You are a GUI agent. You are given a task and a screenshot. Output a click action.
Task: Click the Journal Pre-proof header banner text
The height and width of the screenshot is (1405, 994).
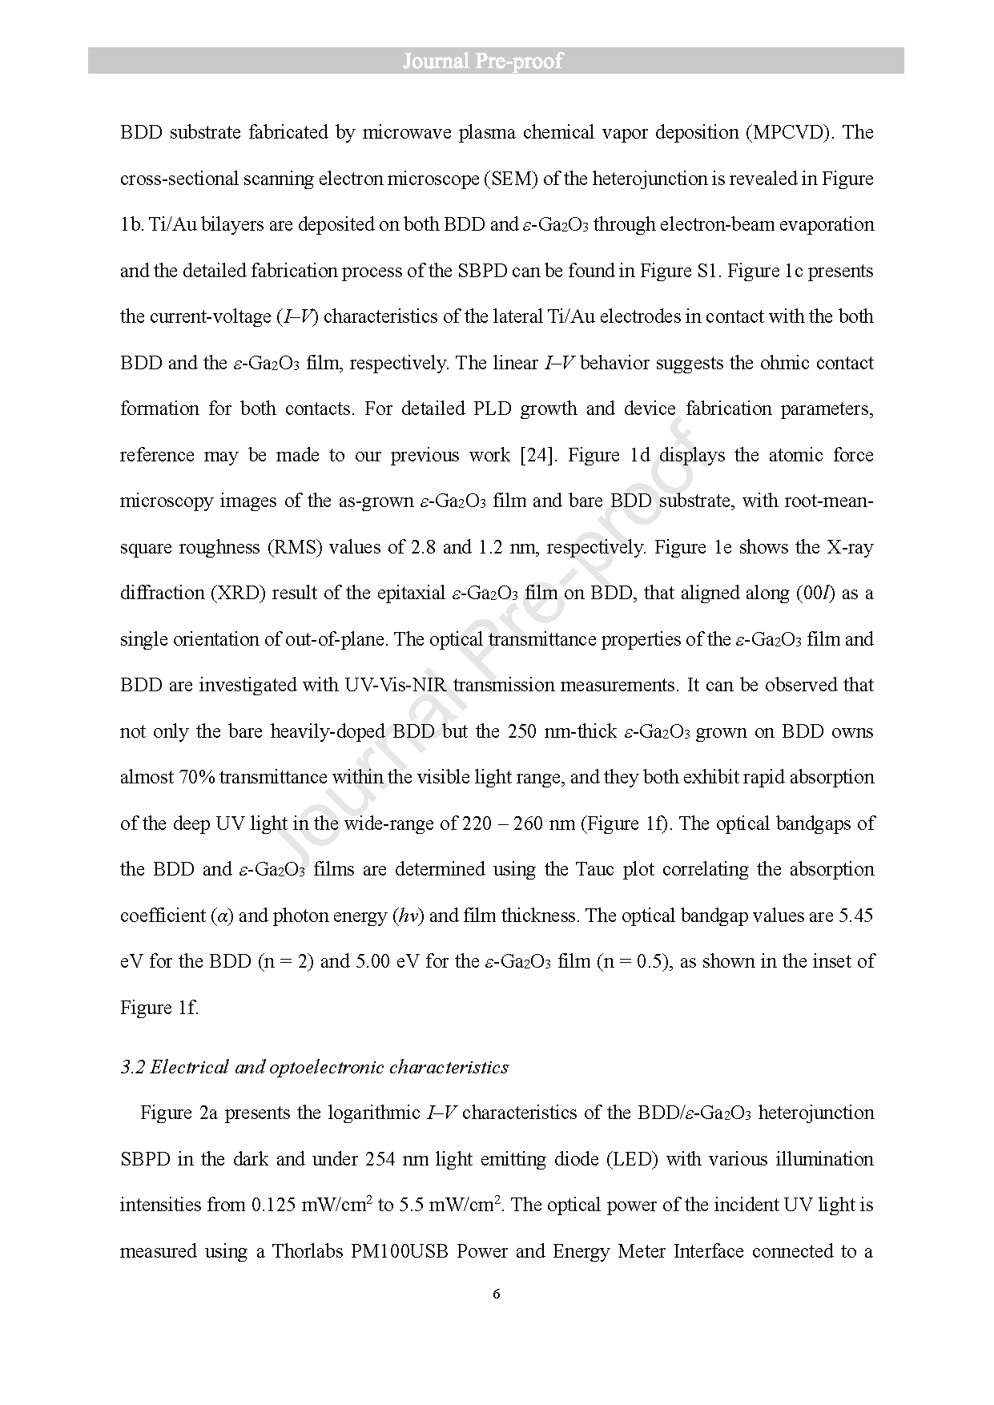click(x=482, y=61)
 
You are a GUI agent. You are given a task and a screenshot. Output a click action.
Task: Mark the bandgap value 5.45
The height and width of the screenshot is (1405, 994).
click(x=855, y=916)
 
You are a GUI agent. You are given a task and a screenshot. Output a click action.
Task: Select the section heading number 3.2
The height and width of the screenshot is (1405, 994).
click(x=132, y=1067)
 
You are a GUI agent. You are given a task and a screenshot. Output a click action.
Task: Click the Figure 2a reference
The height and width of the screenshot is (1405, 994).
click(x=179, y=1113)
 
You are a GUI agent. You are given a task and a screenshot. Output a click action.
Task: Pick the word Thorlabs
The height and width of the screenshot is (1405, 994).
click(x=307, y=1251)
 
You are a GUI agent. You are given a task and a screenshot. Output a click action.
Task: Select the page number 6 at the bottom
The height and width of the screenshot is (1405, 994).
click(x=497, y=1294)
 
